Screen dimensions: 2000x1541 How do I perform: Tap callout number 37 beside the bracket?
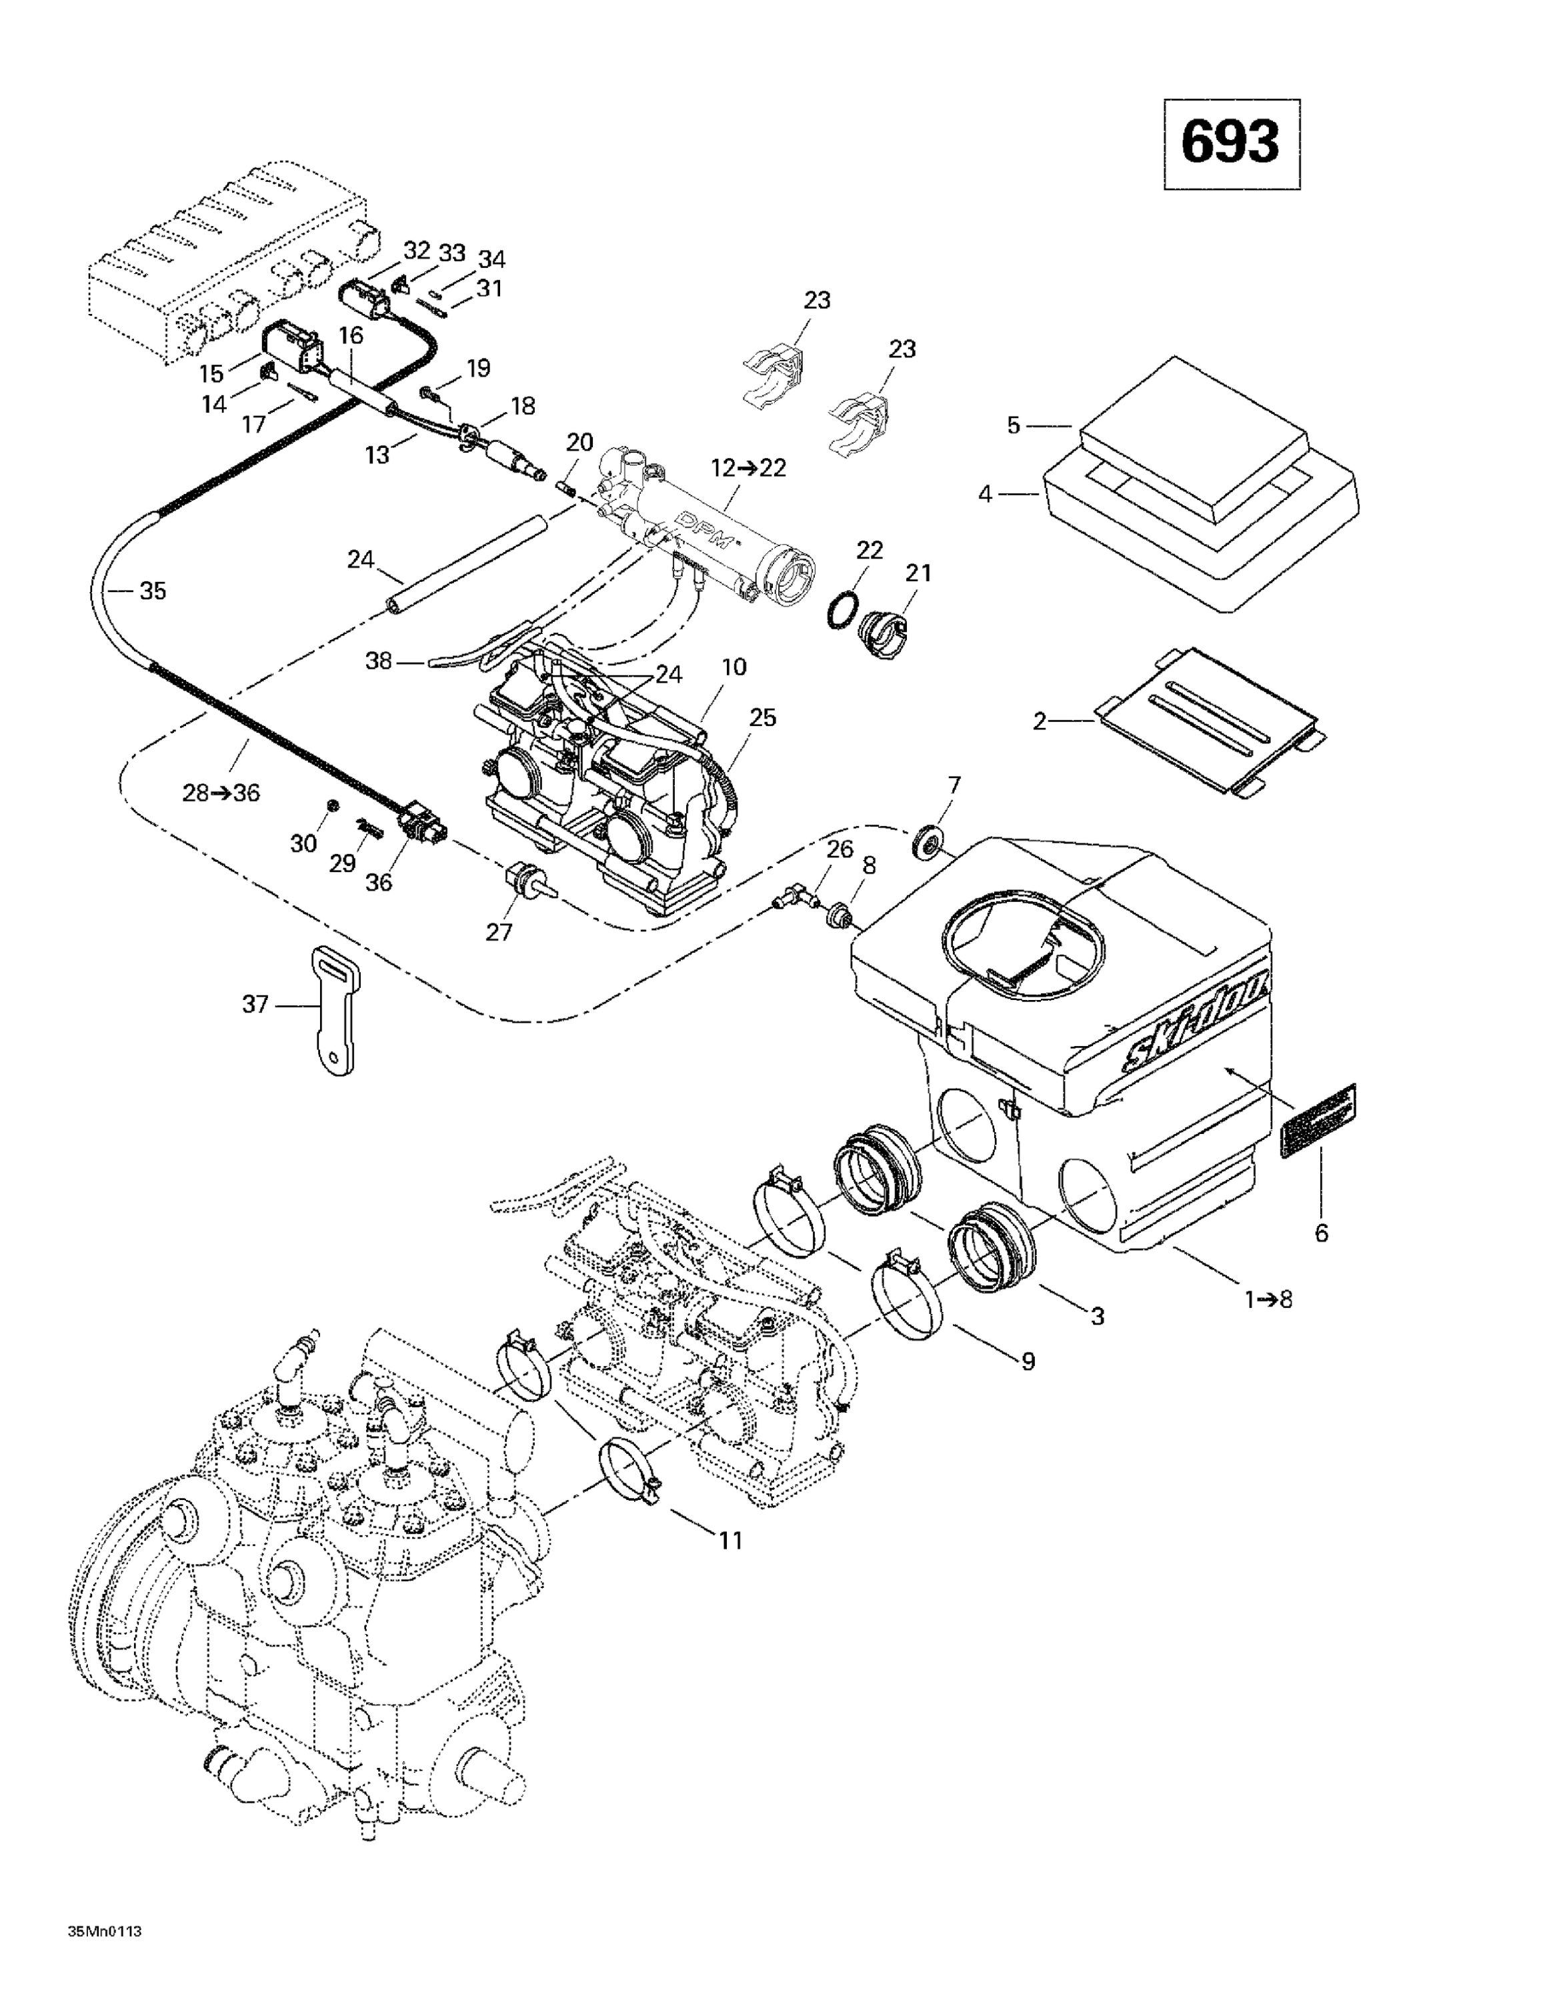tap(255, 1005)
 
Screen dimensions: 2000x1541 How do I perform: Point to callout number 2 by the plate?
tap(1039, 721)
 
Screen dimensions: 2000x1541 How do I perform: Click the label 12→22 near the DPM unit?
tap(749, 468)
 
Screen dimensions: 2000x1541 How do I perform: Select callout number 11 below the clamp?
tap(730, 1539)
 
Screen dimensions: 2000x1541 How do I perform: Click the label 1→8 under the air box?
tap(1268, 1299)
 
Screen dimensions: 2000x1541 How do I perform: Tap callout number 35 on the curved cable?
tap(152, 591)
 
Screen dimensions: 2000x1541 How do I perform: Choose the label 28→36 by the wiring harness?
tap(221, 793)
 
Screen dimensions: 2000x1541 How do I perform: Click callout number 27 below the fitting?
tap(500, 931)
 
